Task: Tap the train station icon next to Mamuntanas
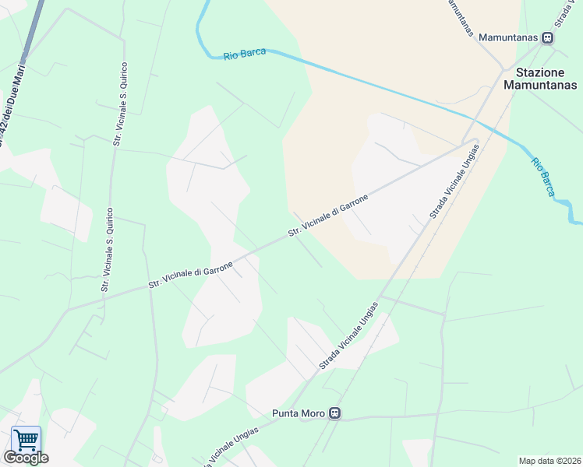548,37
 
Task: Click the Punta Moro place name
299,413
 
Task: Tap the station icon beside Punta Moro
334,413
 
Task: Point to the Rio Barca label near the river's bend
245,54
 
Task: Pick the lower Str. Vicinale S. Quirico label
108,249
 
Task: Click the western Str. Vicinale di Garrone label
191,276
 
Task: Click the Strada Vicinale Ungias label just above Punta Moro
348,335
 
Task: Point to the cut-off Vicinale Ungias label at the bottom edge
231,446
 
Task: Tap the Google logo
26,458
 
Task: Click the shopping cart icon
26,440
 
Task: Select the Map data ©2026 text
549,461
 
